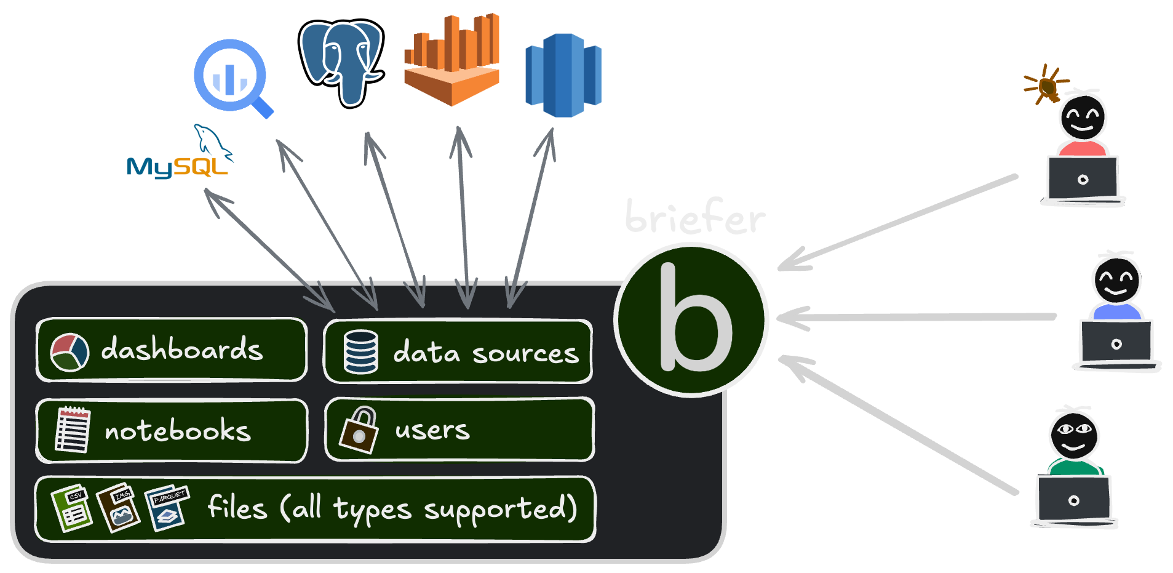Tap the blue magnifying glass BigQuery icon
pyautogui.click(x=232, y=78)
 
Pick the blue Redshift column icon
pyautogui.click(x=563, y=75)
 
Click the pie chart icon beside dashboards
pyautogui.click(x=69, y=352)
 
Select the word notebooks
pyautogui.click(x=178, y=430)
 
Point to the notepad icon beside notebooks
pyautogui.click(x=73, y=430)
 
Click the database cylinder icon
pyautogui.click(x=361, y=351)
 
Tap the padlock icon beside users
pyautogui.click(x=358, y=430)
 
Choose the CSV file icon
pyautogui.click(x=72, y=508)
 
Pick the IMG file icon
pyautogui.click(x=119, y=508)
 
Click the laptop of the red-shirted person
pyautogui.click(x=1083, y=179)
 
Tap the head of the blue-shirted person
pyautogui.click(x=1116, y=280)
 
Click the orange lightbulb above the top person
pyautogui.click(x=1048, y=86)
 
